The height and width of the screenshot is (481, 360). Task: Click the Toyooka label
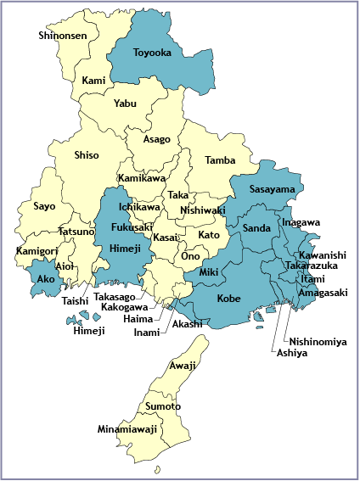[x=152, y=53]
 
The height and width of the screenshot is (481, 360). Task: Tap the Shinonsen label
[x=62, y=36]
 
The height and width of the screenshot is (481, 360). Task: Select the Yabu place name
[x=125, y=103]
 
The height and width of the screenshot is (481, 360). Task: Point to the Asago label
[x=156, y=139]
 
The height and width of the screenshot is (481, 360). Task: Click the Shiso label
[x=87, y=155]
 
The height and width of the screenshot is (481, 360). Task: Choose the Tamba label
[x=220, y=160]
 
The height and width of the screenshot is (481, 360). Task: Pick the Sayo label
[x=44, y=206]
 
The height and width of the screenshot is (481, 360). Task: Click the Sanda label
[x=256, y=228]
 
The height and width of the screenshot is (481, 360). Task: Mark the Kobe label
[x=229, y=299]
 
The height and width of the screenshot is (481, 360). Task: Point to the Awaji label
[x=182, y=366]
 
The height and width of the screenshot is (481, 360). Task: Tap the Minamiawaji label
[x=127, y=429]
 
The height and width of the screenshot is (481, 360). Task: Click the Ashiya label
[x=291, y=353]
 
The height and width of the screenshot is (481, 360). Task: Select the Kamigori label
[x=37, y=252]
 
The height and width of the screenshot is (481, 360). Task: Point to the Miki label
[x=209, y=272]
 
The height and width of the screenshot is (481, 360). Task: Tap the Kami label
[x=93, y=81]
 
